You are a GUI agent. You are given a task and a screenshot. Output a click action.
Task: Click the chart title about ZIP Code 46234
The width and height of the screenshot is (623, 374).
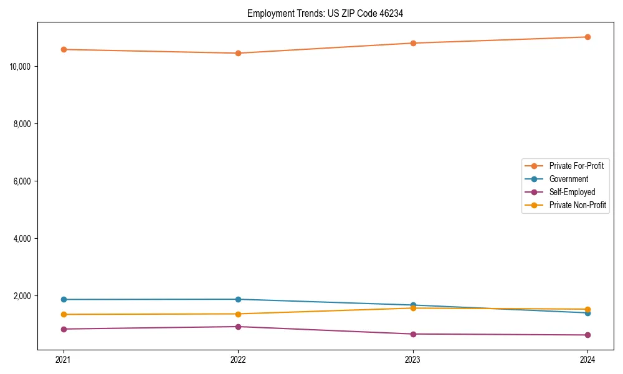(325, 13)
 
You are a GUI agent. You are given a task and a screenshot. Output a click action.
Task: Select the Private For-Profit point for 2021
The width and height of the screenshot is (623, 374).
(64, 49)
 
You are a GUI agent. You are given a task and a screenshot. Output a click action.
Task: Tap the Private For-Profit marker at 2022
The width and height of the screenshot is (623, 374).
(238, 53)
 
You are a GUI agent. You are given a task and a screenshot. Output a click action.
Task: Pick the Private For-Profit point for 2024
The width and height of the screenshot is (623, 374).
(587, 37)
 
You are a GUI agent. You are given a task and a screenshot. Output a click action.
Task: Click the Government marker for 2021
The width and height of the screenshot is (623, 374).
(64, 299)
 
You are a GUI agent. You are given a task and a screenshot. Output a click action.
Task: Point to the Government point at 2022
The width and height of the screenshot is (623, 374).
(238, 299)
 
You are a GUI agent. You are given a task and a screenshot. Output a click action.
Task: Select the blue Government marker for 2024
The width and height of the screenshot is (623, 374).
(587, 312)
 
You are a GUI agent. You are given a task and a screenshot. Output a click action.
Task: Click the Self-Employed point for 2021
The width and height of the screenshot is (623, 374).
(64, 329)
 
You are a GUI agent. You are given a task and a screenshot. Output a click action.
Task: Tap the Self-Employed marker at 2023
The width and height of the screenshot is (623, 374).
(413, 334)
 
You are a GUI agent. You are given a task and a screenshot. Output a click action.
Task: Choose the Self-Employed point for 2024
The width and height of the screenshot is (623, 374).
(587, 335)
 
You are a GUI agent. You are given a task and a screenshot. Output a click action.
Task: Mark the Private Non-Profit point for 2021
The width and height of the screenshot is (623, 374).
(64, 314)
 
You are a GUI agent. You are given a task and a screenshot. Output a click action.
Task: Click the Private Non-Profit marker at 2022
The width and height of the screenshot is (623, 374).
(238, 314)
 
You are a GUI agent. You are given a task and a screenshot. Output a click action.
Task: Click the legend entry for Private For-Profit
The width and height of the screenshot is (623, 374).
(576, 166)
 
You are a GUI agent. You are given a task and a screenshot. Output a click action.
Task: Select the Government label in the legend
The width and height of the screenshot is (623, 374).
(568, 179)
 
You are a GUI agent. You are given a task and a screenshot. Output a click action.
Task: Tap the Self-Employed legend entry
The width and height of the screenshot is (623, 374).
(572, 192)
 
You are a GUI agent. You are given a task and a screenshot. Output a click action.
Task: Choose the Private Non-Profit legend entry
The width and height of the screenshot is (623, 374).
(578, 205)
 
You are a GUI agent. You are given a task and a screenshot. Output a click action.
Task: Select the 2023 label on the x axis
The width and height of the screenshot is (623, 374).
(413, 359)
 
